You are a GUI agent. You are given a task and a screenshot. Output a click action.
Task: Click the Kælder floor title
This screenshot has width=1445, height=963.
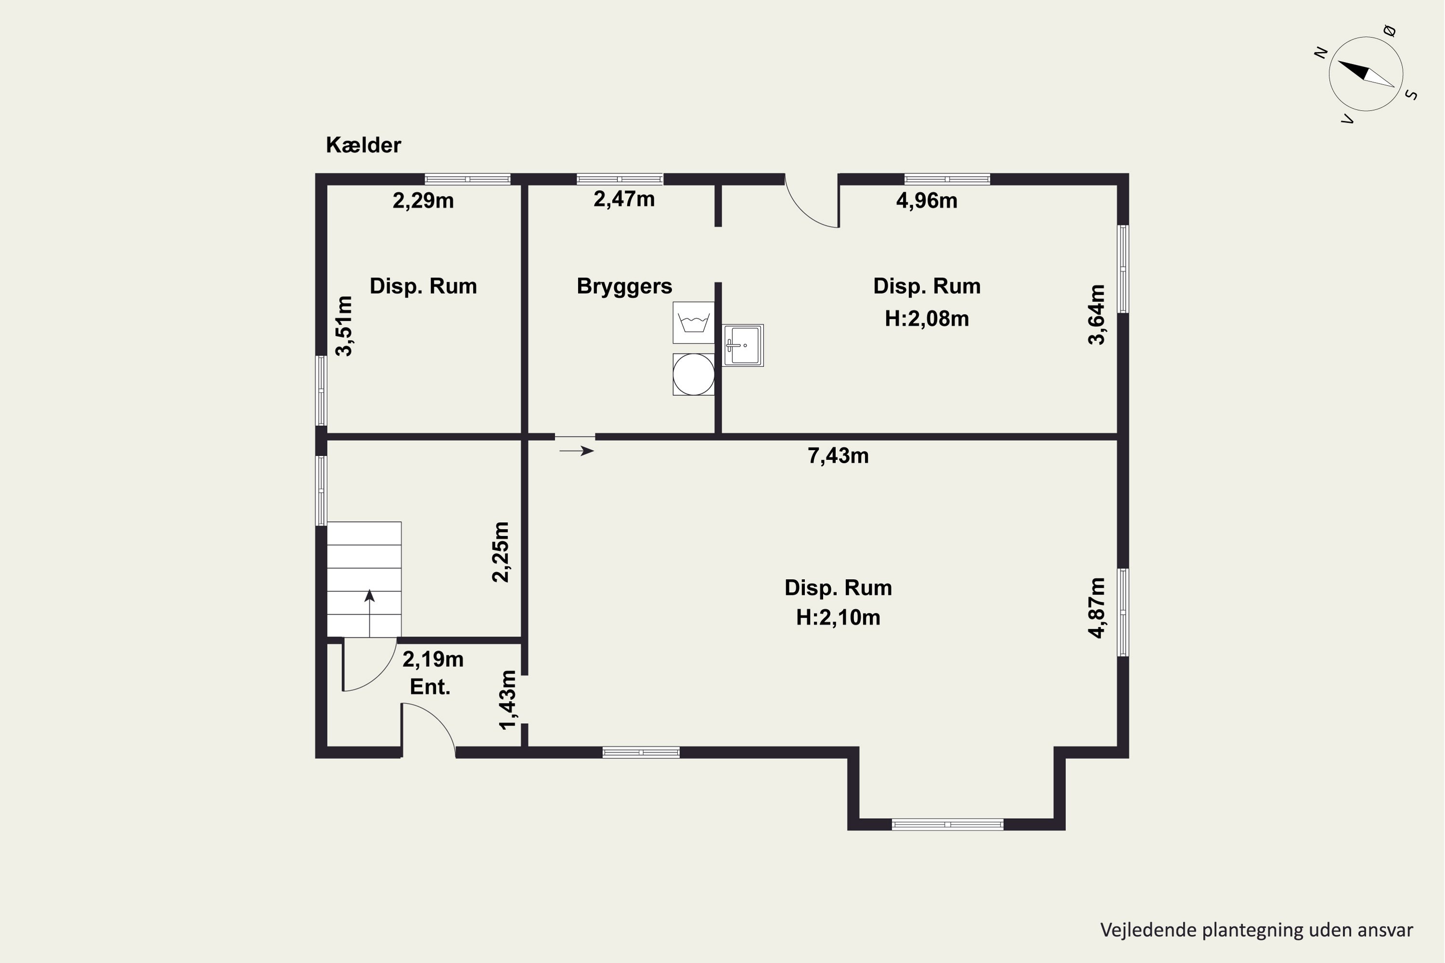coord(363,145)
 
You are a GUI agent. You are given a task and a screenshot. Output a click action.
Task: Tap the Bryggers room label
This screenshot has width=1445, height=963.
coord(624,286)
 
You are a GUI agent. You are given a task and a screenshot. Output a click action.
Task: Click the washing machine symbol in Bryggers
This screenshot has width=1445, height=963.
coord(694,323)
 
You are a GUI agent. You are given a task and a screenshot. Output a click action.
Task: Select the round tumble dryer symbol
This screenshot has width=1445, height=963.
coord(694,374)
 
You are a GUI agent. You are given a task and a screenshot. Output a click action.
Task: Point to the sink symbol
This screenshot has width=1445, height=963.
coord(743,345)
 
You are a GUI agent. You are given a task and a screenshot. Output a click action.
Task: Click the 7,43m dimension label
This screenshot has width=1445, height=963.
coord(838,455)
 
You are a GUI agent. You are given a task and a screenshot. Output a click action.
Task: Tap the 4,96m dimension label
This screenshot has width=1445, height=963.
coord(926,201)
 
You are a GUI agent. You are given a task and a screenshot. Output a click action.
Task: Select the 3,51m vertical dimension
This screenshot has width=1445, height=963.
coord(344,325)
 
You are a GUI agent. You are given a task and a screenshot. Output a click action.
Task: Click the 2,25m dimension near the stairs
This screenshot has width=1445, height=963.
coord(501,551)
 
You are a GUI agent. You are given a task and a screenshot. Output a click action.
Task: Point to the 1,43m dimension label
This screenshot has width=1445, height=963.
coord(508,700)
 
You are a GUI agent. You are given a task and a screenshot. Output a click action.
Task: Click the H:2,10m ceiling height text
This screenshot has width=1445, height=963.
coord(838,617)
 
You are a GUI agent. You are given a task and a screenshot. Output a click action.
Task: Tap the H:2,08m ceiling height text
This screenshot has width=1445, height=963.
coord(926,319)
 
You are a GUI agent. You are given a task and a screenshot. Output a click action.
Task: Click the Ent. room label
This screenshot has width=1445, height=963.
coord(430,687)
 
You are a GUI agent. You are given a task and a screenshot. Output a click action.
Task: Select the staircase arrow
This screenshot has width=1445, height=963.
coord(369,613)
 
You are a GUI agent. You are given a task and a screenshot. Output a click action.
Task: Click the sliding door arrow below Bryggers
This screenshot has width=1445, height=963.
coord(576,451)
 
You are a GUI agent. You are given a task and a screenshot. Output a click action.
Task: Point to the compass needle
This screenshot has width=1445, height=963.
coord(1366,74)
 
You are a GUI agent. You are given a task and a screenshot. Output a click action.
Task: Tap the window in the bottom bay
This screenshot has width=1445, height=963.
coord(947,824)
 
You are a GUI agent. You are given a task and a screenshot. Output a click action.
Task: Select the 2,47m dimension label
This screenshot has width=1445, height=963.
coord(624,200)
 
